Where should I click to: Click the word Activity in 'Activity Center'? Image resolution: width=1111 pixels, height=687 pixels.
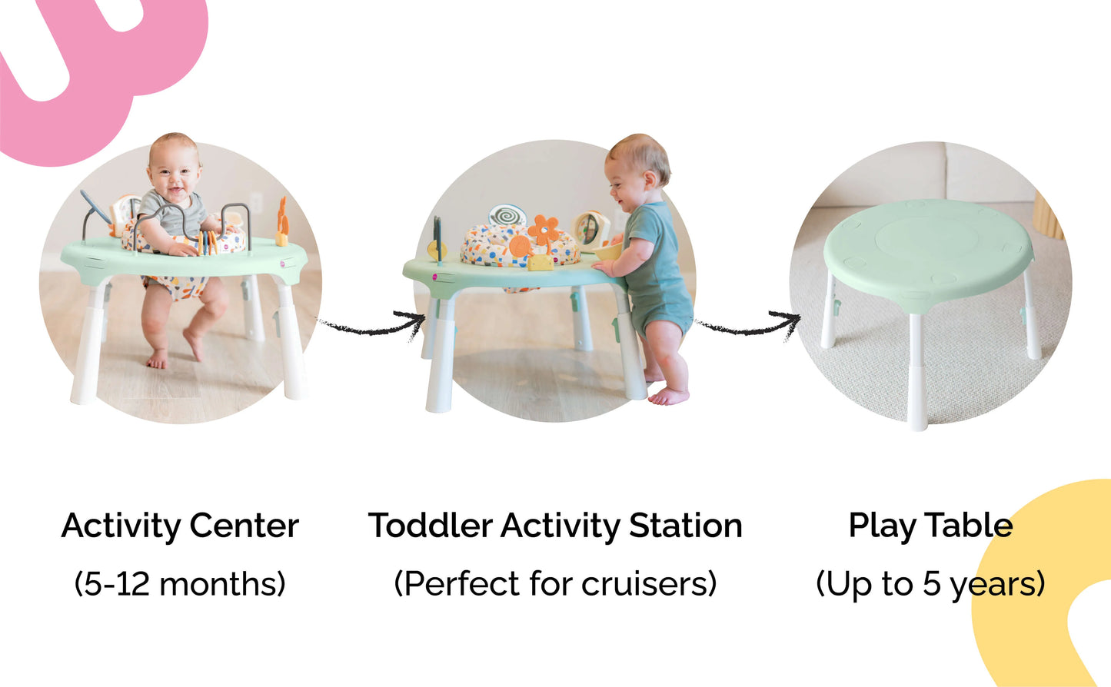tap(120, 526)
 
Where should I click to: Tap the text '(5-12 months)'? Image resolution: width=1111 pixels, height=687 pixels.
tap(180, 584)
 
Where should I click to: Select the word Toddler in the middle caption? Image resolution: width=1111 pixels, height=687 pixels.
tap(430, 526)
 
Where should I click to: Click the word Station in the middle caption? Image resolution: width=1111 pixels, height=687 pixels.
tap(685, 526)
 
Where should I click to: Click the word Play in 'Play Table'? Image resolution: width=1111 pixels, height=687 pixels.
tap(883, 526)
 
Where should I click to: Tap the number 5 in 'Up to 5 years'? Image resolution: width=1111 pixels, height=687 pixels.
tap(931, 584)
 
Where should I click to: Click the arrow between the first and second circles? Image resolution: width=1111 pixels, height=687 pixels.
tap(373, 325)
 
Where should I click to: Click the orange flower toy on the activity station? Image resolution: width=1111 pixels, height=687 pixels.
tap(544, 229)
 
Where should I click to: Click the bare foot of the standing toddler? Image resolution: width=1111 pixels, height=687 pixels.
tap(668, 397)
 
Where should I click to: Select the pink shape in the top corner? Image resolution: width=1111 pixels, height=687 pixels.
tap(100, 69)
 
